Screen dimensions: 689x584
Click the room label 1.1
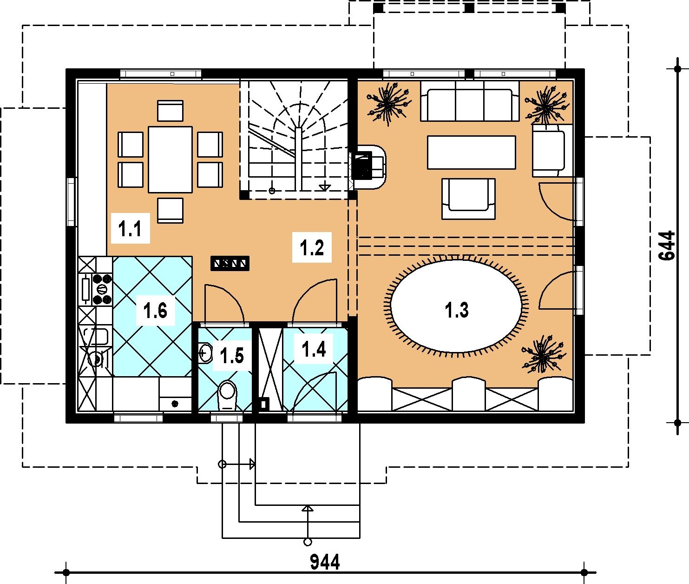(x=130, y=229)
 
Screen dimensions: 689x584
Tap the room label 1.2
(x=312, y=247)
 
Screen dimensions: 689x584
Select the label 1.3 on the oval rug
(x=457, y=310)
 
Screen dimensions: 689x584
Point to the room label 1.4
(x=314, y=349)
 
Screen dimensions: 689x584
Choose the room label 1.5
(x=232, y=356)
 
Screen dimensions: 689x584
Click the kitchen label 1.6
(x=155, y=311)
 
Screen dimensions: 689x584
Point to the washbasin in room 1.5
(x=205, y=352)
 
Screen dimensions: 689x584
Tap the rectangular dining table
(x=171, y=159)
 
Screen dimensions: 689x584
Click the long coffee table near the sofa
(x=471, y=152)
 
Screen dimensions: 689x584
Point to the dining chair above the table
(x=171, y=110)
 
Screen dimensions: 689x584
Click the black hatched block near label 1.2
(x=230, y=263)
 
